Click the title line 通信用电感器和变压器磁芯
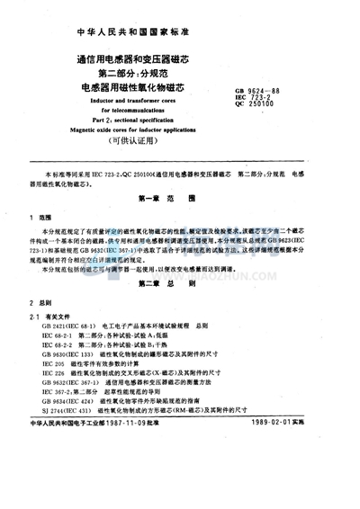[136, 62]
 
